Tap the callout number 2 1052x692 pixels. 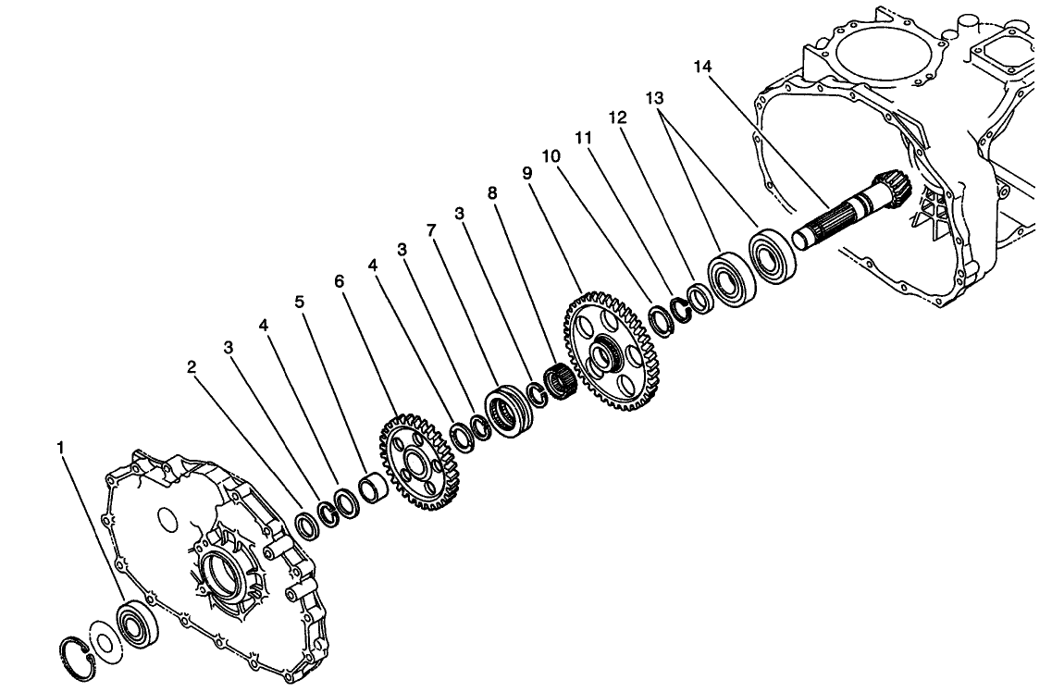[191, 367]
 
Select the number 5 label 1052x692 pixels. [299, 301]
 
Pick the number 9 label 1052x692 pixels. [526, 173]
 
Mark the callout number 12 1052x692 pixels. [618, 118]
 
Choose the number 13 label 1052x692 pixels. [655, 99]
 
